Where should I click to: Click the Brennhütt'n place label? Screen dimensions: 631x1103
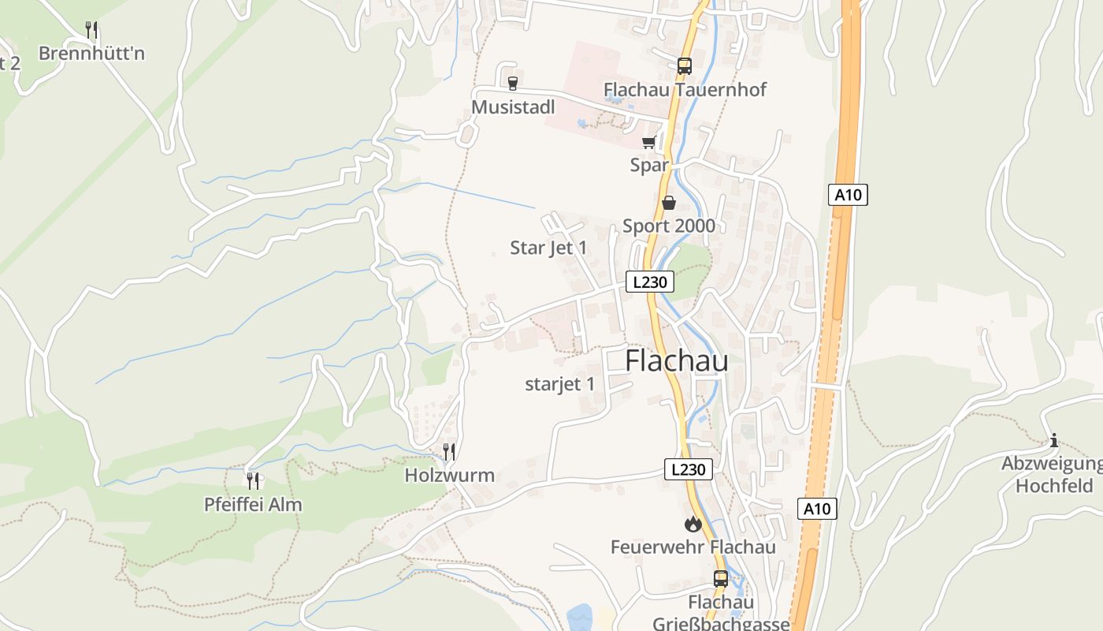pos(91,54)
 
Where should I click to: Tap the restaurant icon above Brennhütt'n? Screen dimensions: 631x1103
pos(91,30)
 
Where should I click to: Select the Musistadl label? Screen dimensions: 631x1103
pos(514,106)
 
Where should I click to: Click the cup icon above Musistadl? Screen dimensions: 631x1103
pos(513,83)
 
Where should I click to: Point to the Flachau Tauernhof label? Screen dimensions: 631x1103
pos(685,89)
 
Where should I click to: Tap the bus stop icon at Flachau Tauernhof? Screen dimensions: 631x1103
pos(684,66)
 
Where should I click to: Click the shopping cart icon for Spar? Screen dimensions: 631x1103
pos(648,143)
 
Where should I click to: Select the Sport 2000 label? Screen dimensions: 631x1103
pos(669,226)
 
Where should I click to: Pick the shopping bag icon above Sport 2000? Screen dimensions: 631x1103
pos(669,203)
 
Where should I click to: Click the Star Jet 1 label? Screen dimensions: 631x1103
pos(548,248)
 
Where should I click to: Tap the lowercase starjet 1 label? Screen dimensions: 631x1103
pos(559,384)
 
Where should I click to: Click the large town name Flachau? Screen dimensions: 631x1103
pos(677,361)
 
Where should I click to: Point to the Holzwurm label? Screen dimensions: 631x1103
pos(450,475)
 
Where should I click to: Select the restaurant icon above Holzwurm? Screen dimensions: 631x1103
pos(449,452)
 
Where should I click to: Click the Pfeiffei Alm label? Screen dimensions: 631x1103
pos(253,504)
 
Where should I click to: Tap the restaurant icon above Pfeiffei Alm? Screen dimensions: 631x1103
pos(253,480)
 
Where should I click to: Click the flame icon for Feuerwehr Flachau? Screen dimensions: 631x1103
pos(693,524)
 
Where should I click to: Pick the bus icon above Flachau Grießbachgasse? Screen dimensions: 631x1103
pos(720,579)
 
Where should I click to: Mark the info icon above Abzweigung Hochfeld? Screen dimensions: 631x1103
pos(1054,440)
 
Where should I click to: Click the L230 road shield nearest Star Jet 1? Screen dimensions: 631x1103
pos(650,282)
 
